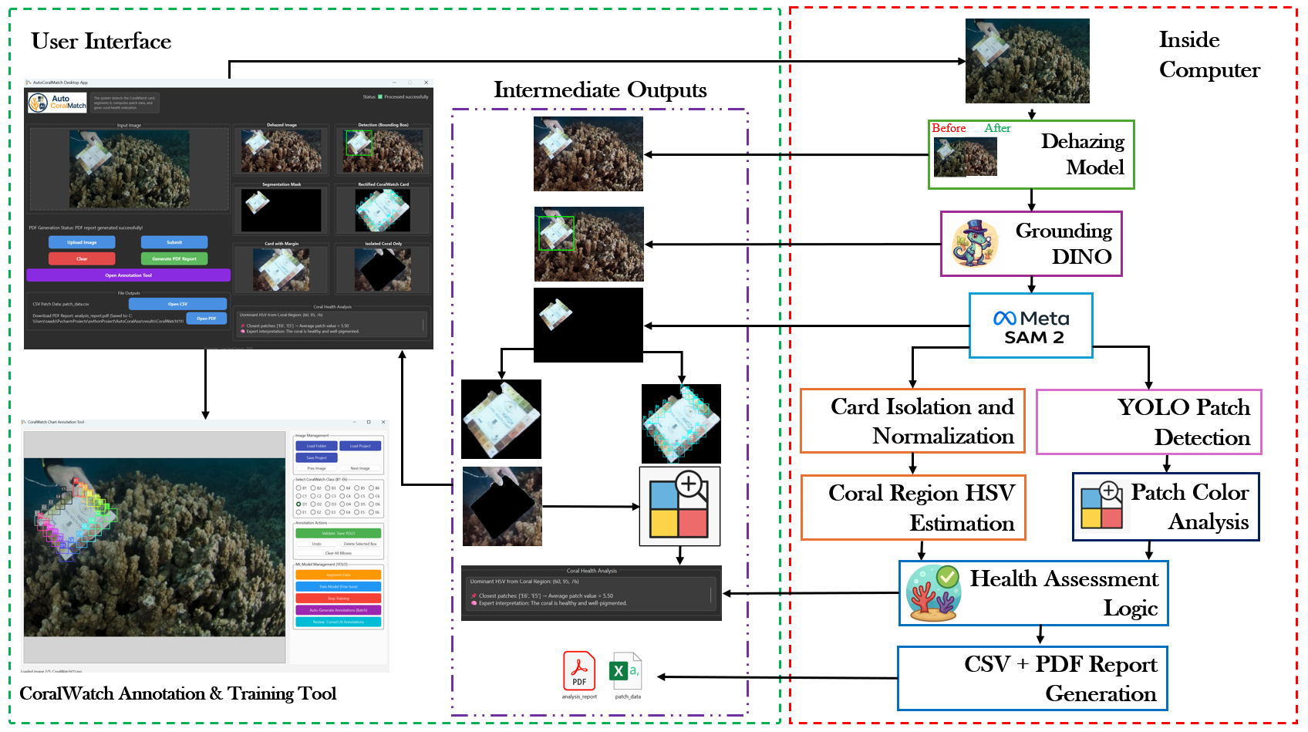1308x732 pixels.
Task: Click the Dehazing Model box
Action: click(x=1030, y=154)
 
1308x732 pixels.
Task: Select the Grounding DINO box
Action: click(x=1030, y=244)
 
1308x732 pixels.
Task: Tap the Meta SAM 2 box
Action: click(x=1030, y=326)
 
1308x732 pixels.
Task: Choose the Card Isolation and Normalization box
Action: click(x=912, y=421)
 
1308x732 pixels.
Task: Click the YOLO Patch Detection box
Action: click(x=1148, y=422)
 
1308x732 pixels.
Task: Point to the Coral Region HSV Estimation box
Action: click(x=913, y=508)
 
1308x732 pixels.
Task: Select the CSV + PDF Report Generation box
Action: click(x=1032, y=678)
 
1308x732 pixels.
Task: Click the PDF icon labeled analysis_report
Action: click(x=579, y=671)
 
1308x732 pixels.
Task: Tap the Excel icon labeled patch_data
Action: click(x=625, y=671)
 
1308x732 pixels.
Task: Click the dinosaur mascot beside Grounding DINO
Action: click(x=975, y=244)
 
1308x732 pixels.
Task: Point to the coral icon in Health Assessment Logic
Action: click(x=933, y=593)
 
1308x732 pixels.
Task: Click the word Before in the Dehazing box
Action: click(x=949, y=128)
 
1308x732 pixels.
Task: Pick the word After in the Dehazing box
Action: click(x=997, y=128)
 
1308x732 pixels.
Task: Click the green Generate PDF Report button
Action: click(x=174, y=259)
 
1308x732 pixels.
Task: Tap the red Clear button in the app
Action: click(x=82, y=259)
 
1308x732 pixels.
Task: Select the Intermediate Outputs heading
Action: click(x=600, y=90)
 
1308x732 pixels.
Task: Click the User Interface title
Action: click(x=101, y=42)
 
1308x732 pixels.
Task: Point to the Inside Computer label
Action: click(x=1209, y=55)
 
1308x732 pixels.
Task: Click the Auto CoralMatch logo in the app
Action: click(x=58, y=103)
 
